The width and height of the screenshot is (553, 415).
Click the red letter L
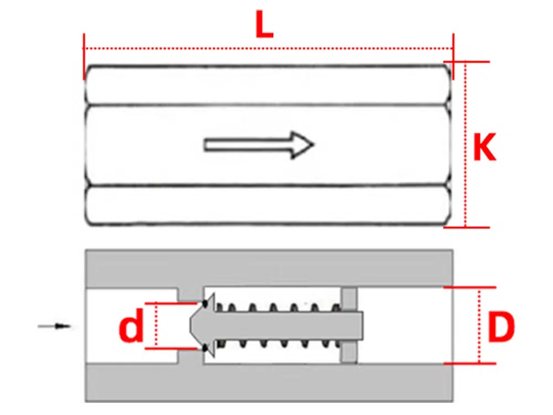264,25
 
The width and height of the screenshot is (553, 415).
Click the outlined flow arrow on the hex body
259,145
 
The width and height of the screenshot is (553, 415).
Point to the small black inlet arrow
55,326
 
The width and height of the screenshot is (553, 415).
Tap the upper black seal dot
206,303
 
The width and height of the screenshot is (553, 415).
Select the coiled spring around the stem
276,307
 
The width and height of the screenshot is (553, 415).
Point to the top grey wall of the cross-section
269,268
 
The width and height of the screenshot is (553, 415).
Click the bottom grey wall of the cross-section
269,383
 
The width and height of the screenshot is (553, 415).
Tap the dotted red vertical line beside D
479,326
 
